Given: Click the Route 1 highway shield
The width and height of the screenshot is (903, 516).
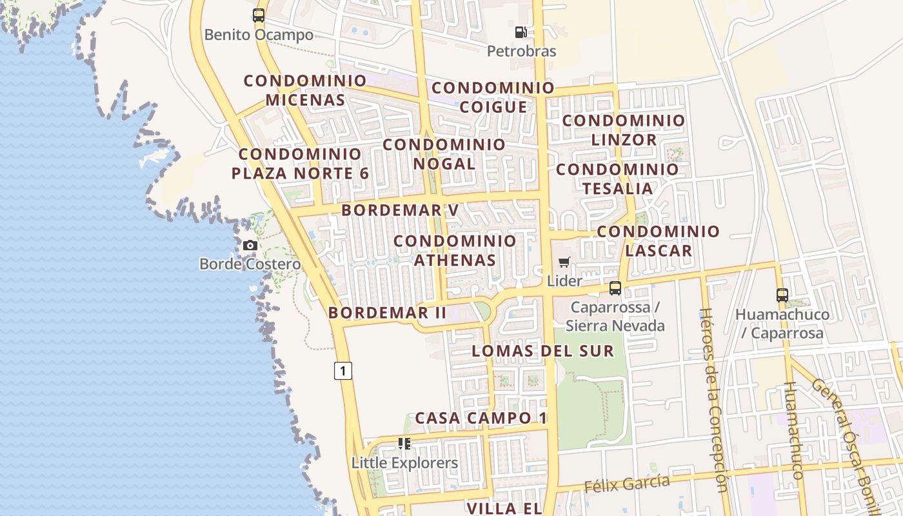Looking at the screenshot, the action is (x=343, y=371).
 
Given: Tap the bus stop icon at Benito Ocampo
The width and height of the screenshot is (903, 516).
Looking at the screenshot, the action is (x=259, y=15).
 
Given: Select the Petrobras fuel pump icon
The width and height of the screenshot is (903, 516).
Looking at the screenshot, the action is (x=521, y=32).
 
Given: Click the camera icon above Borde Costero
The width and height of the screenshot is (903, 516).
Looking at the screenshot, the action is (x=250, y=245).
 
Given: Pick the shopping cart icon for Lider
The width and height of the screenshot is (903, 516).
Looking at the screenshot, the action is (x=564, y=262).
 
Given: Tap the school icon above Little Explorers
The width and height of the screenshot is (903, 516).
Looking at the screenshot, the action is (x=404, y=443).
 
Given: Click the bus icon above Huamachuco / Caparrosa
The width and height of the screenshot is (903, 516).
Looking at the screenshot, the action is (x=782, y=295).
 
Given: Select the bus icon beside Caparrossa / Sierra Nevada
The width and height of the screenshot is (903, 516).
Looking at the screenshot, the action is (x=615, y=288).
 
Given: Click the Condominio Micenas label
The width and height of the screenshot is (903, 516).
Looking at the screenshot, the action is (x=305, y=90).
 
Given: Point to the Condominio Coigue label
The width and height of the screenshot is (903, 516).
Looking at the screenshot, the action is (x=493, y=97).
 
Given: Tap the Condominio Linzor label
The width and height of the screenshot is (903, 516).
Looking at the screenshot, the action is (x=624, y=130).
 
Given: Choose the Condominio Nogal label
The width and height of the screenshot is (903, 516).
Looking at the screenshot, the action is (x=444, y=154).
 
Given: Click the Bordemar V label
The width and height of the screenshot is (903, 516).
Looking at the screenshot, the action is (x=400, y=210).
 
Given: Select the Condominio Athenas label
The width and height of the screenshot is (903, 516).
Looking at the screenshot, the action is (x=455, y=250).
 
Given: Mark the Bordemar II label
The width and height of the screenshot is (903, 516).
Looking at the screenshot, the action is (x=387, y=313).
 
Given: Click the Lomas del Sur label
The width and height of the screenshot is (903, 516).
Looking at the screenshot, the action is (x=542, y=351).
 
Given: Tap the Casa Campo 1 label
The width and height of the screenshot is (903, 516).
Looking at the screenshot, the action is (x=481, y=418).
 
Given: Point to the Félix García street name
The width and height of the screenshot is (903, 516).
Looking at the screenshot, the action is (x=627, y=482).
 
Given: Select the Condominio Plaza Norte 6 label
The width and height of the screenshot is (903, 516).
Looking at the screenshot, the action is (x=301, y=164).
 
